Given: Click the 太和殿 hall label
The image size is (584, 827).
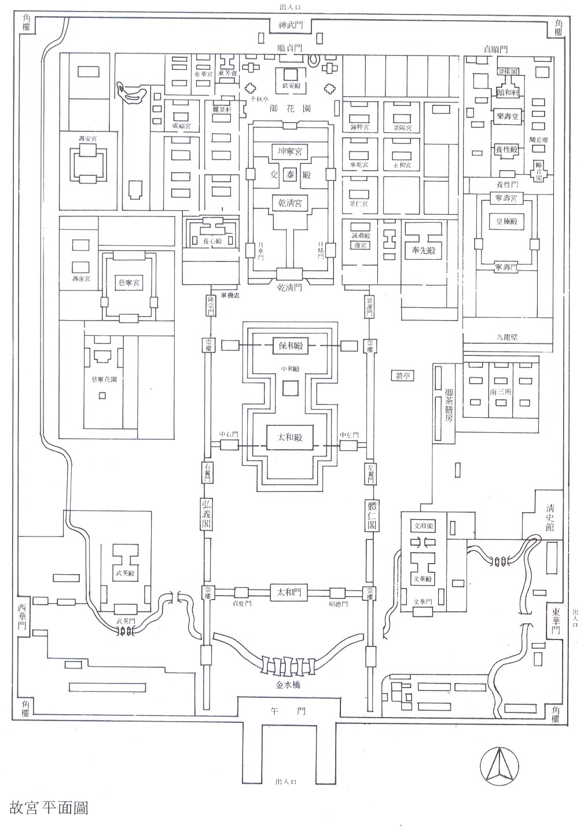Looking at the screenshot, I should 289,435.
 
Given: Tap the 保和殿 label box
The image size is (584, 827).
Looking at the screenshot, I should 290,347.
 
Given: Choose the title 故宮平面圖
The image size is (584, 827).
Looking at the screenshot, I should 49,807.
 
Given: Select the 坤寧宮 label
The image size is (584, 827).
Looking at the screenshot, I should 290,151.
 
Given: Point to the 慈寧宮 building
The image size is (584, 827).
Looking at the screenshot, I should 129,283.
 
